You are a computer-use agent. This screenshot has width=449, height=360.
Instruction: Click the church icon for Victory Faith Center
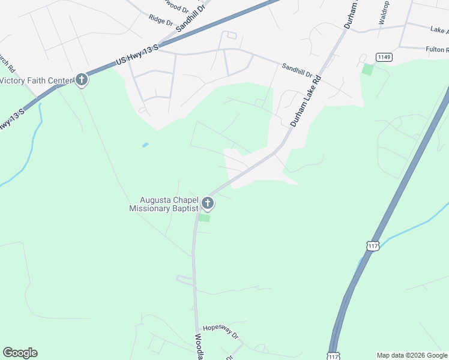pyautogui.click(x=82, y=80)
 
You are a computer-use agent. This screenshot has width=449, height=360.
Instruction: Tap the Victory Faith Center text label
pyautogui.click(x=36, y=80)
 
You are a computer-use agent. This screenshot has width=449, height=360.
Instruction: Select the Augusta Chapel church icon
pyautogui.click(x=208, y=204)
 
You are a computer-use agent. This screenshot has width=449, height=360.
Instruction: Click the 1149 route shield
pyautogui.click(x=384, y=56)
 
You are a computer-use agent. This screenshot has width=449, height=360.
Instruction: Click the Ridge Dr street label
pyautogui.click(x=161, y=20)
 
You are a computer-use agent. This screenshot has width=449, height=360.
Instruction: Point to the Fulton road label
pyautogui.click(x=436, y=49)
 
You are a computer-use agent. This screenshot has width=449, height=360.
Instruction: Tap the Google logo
pyautogui.click(x=20, y=353)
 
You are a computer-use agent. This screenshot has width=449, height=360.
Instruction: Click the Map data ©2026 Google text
pyautogui.click(x=412, y=355)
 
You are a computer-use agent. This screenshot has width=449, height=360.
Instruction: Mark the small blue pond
pyautogui.click(x=145, y=145)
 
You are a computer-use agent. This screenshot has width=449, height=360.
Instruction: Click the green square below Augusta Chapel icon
pyautogui.click(x=204, y=218)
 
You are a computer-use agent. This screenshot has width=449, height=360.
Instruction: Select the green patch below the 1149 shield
pyautogui.click(x=367, y=69)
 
